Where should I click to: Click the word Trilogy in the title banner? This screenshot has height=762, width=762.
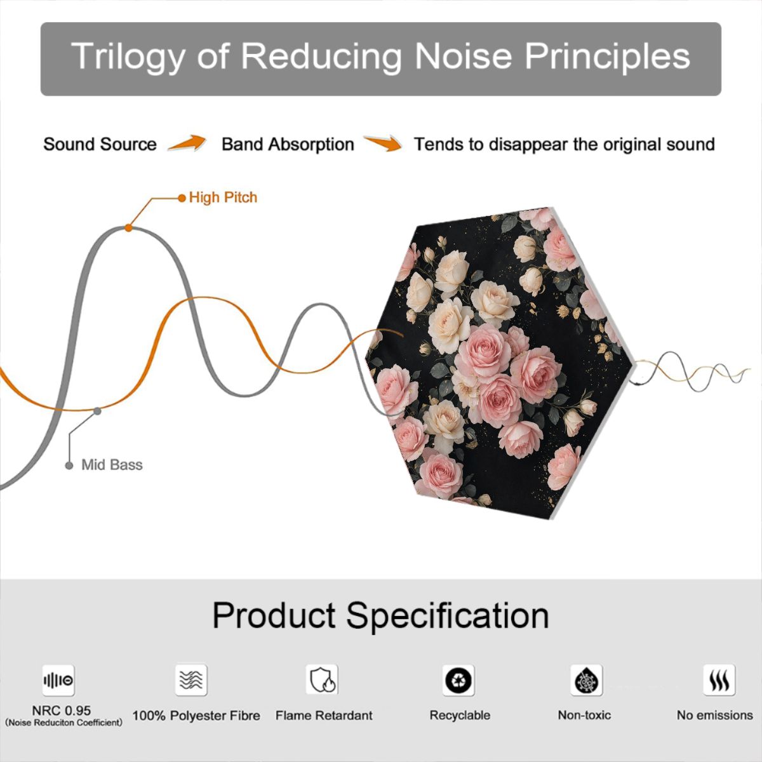pos(128,57)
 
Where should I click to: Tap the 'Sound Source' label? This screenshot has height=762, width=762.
pos(100,144)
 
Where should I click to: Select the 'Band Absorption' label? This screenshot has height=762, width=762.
pos(288,144)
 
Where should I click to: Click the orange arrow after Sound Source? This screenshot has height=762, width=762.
pos(187,143)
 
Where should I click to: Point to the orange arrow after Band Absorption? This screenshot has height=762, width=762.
pos(383,143)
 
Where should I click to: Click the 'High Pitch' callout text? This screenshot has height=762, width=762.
pos(223,197)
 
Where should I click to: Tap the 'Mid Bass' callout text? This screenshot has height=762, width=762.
pos(112,465)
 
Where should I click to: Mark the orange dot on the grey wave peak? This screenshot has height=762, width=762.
pos(128,228)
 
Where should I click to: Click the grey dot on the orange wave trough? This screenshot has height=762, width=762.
pos(97,411)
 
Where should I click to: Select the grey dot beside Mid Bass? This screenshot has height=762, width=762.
pos(69,465)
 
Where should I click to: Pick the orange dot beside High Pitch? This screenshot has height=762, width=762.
pos(182,198)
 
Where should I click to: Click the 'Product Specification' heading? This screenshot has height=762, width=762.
pos(381,616)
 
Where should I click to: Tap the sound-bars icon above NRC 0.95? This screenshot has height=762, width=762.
pos(58,680)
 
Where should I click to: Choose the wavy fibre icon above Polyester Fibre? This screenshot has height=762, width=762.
pos(191,680)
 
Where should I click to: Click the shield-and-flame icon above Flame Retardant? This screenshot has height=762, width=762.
pos(322,679)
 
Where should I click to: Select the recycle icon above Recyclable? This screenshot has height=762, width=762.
pos(458,680)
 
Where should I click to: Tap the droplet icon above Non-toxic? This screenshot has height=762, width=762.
pos(587,680)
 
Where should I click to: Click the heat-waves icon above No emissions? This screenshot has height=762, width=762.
pos(719,680)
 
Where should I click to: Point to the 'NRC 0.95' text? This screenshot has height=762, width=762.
pos(62,711)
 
